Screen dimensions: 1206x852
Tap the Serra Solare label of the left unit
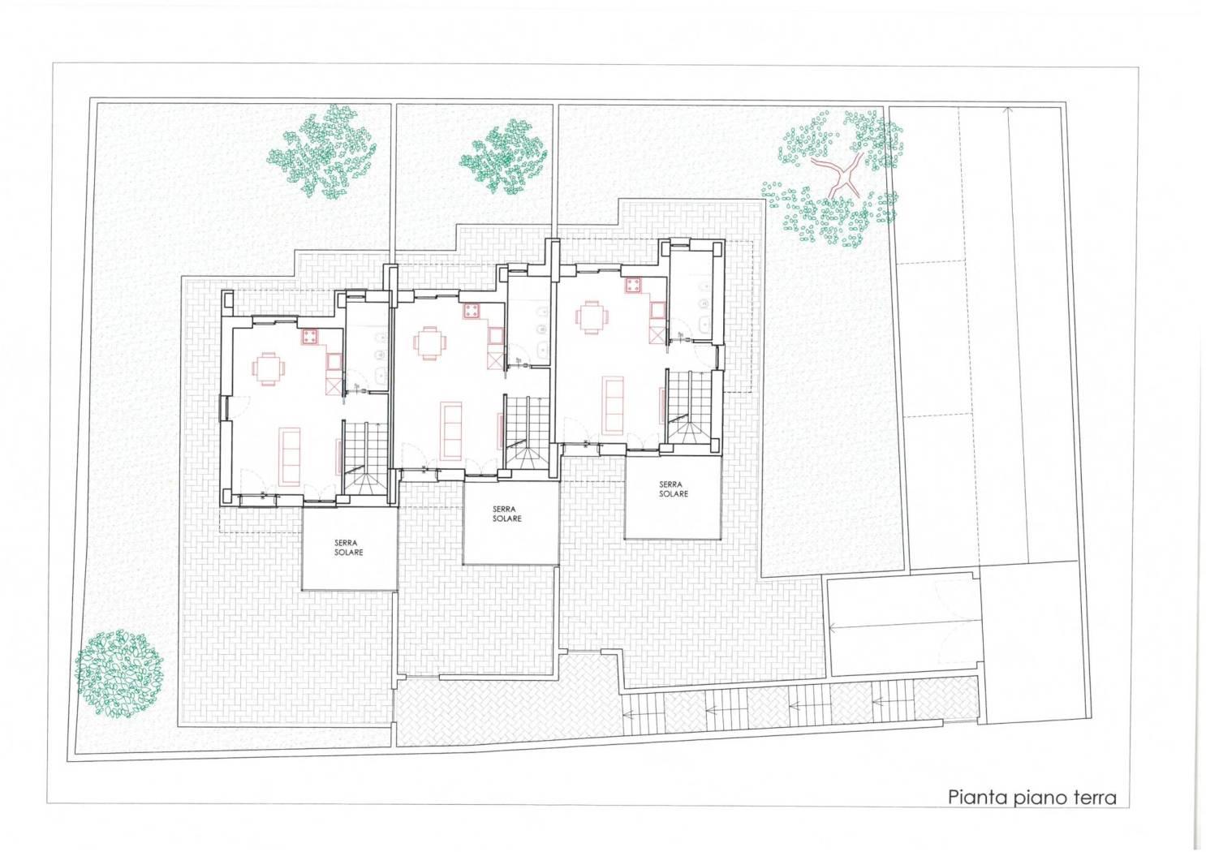348,548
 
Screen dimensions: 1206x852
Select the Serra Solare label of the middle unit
506,514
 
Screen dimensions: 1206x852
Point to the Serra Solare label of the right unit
673,489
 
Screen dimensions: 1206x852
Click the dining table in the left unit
268,368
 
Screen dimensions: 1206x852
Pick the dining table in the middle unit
429,343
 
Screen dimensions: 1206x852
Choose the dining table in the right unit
592,317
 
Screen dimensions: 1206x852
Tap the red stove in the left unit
309,337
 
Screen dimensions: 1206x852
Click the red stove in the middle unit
472,311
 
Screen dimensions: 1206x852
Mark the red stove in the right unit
633,286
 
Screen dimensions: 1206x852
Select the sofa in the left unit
290,456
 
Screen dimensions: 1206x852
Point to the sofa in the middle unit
451,431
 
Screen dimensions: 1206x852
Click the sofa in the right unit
613,405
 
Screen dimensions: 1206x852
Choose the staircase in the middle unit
527,432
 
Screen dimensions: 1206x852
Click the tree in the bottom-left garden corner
119,673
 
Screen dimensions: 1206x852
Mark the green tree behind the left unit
322,151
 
